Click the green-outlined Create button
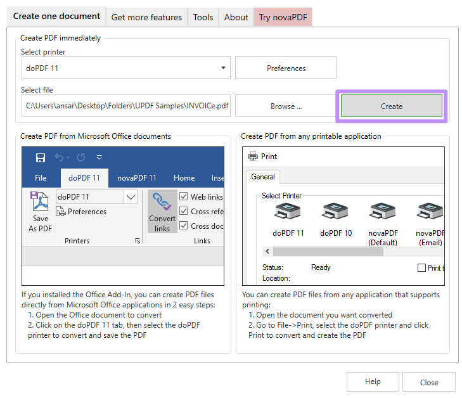pos(391,106)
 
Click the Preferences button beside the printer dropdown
pos(286,68)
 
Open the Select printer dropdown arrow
pos(223,68)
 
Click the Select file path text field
pos(126,105)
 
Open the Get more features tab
pos(146,17)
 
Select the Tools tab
pos(203,17)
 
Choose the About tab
pos(236,17)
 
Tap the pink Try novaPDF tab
pos(283,17)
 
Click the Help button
pos(373,382)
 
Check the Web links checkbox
pos(183,196)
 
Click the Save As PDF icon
pos(39,201)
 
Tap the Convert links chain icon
pos(162,202)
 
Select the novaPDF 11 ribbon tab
pos(136,178)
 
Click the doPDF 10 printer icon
pos(335,211)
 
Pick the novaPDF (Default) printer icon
pos(382,211)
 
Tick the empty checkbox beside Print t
pos(421,267)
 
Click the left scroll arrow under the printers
pos(267,252)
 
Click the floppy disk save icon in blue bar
pos(41,158)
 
